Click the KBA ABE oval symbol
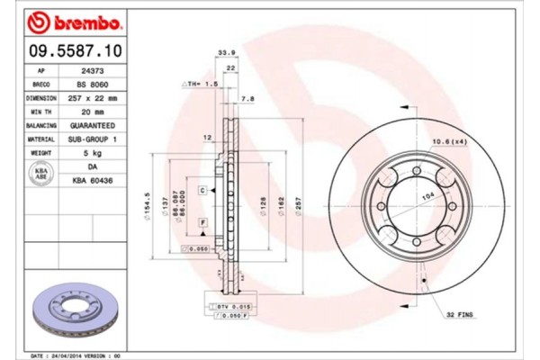click(x=40, y=174)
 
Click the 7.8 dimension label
click(x=248, y=99)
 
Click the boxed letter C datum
click(x=202, y=191)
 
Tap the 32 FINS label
click(x=459, y=314)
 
